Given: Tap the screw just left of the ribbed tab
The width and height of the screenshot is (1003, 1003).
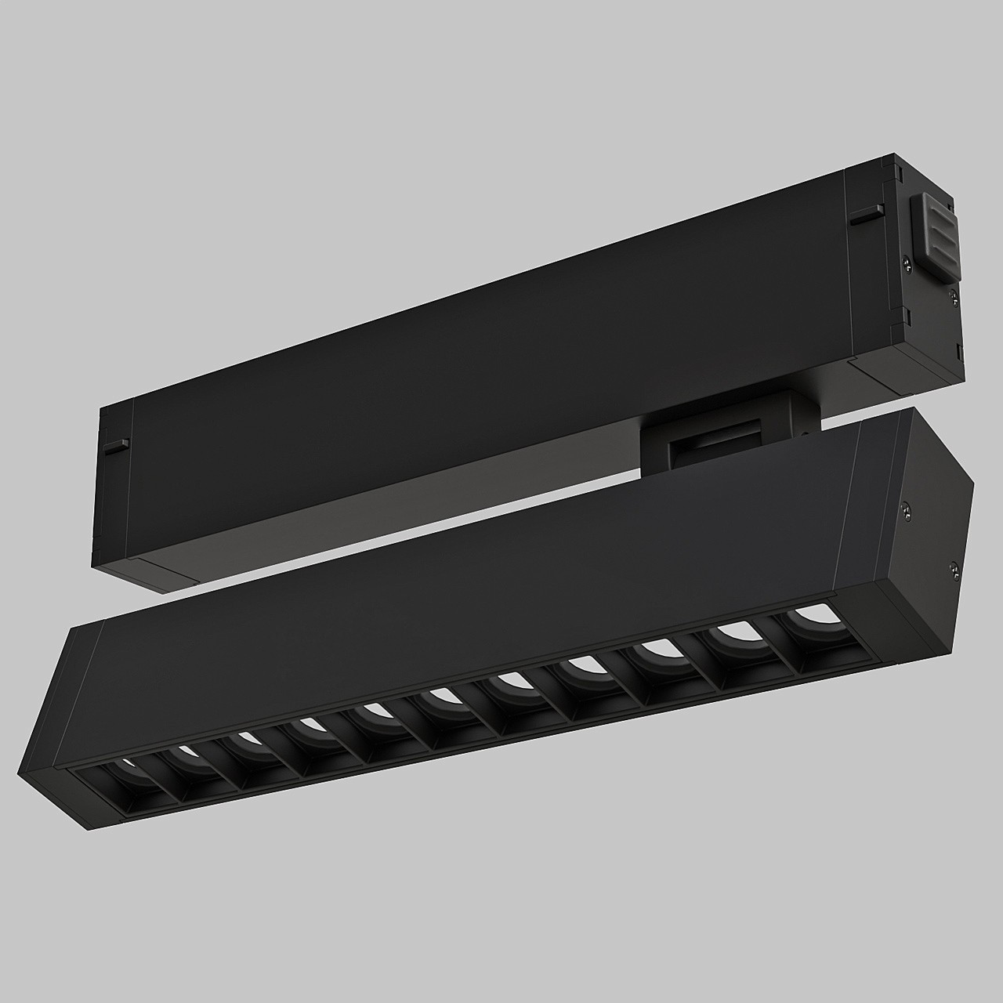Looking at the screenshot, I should tap(907, 263).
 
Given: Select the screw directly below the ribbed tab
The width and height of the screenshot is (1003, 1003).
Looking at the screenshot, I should tap(954, 295).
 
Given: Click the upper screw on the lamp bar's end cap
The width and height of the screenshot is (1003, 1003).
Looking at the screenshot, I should tap(907, 510).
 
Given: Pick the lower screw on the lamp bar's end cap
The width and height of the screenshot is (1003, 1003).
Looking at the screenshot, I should tap(954, 569).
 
